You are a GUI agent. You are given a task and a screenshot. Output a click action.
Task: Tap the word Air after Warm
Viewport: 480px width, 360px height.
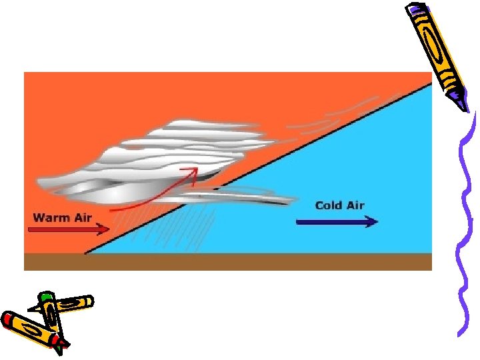click(x=81, y=217)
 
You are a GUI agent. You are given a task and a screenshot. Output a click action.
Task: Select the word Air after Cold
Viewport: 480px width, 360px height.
click(x=355, y=205)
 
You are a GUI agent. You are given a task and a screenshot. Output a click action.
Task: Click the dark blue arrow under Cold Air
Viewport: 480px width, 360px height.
click(x=336, y=222)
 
